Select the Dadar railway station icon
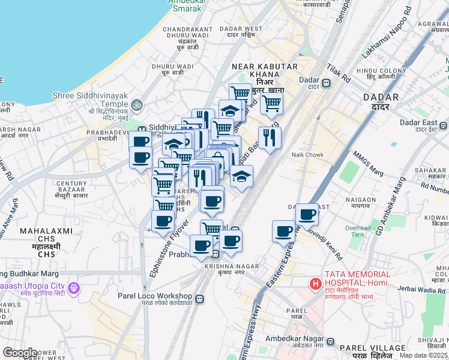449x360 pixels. (x=327, y=83)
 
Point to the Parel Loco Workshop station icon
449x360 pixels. (x=199, y=298)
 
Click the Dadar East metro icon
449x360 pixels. (x=443, y=125)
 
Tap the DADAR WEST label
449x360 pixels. (x=241, y=28)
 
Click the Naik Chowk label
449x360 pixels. (x=307, y=155)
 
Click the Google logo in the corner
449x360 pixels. (x=20, y=353)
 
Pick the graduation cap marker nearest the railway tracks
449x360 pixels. (x=242, y=176)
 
